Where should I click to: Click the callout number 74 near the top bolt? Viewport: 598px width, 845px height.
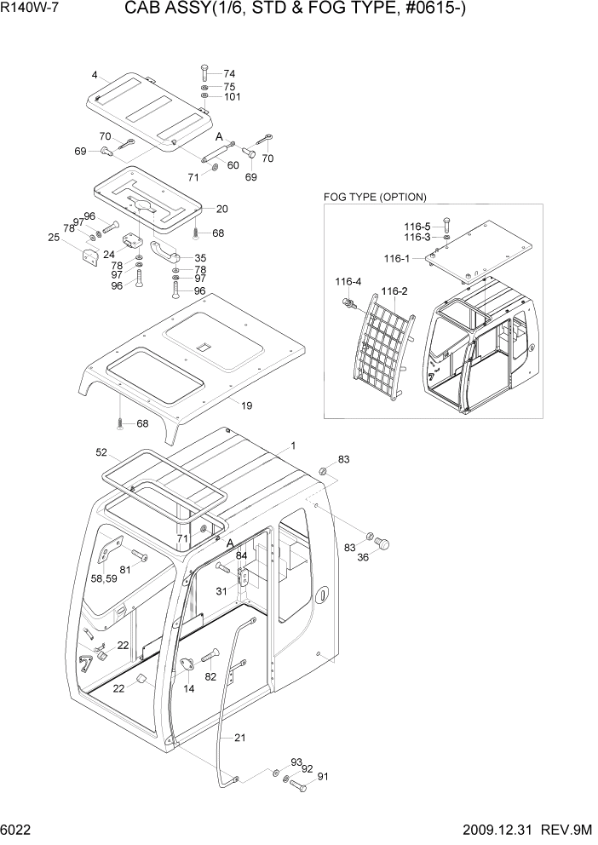(229, 74)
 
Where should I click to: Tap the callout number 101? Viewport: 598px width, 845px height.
(233, 97)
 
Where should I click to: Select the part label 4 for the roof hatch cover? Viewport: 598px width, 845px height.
(95, 74)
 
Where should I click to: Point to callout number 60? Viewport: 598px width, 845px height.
(233, 165)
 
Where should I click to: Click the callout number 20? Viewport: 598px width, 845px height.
(221, 209)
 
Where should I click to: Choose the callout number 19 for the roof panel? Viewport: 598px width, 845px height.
(246, 405)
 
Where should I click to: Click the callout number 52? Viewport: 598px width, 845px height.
(101, 452)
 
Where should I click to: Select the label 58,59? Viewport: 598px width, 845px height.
(105, 578)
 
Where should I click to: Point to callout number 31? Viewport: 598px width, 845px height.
(221, 592)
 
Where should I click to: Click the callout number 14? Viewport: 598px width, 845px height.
(189, 689)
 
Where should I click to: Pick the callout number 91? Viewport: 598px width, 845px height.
(322, 777)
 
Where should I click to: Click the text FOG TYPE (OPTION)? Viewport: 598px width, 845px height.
(375, 197)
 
